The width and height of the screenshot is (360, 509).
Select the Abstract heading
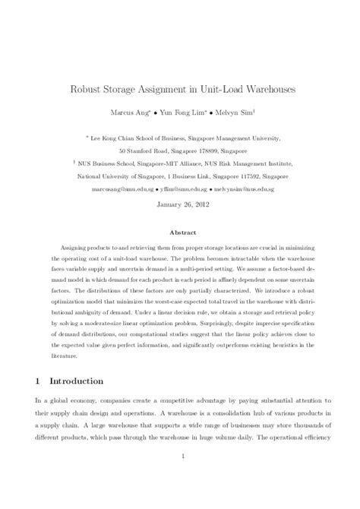pyautogui.click(x=179, y=210)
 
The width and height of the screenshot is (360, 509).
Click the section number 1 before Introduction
pyautogui.click(x=36, y=379)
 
